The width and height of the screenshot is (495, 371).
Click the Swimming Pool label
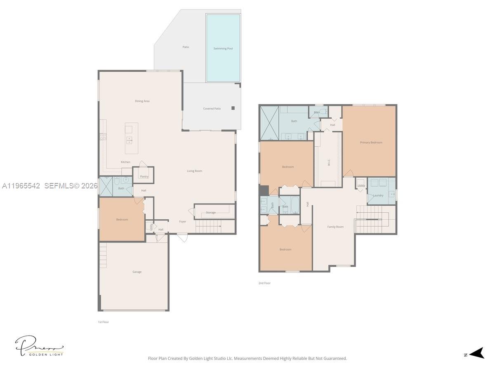[223, 49]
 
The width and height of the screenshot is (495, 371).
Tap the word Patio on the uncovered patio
[186, 47]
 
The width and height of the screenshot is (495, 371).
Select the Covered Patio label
[212, 109]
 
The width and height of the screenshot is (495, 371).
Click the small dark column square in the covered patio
[233, 108]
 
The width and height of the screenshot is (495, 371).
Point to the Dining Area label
[142, 101]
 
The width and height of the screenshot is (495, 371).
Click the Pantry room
[144, 176]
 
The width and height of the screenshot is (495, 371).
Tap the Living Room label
[194, 171]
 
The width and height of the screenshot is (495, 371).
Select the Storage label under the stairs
[211, 213]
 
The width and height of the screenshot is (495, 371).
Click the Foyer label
[182, 221]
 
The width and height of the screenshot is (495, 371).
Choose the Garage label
[137, 272]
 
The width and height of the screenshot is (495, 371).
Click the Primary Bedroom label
[371, 143]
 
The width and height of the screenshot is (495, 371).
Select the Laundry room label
[378, 195]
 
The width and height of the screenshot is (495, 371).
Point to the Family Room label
[335, 227]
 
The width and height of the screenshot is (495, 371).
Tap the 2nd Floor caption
[264, 283]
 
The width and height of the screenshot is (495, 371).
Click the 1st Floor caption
[103, 322]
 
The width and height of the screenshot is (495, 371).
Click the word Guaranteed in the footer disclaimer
[335, 359]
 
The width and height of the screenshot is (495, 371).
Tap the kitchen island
[131, 138]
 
